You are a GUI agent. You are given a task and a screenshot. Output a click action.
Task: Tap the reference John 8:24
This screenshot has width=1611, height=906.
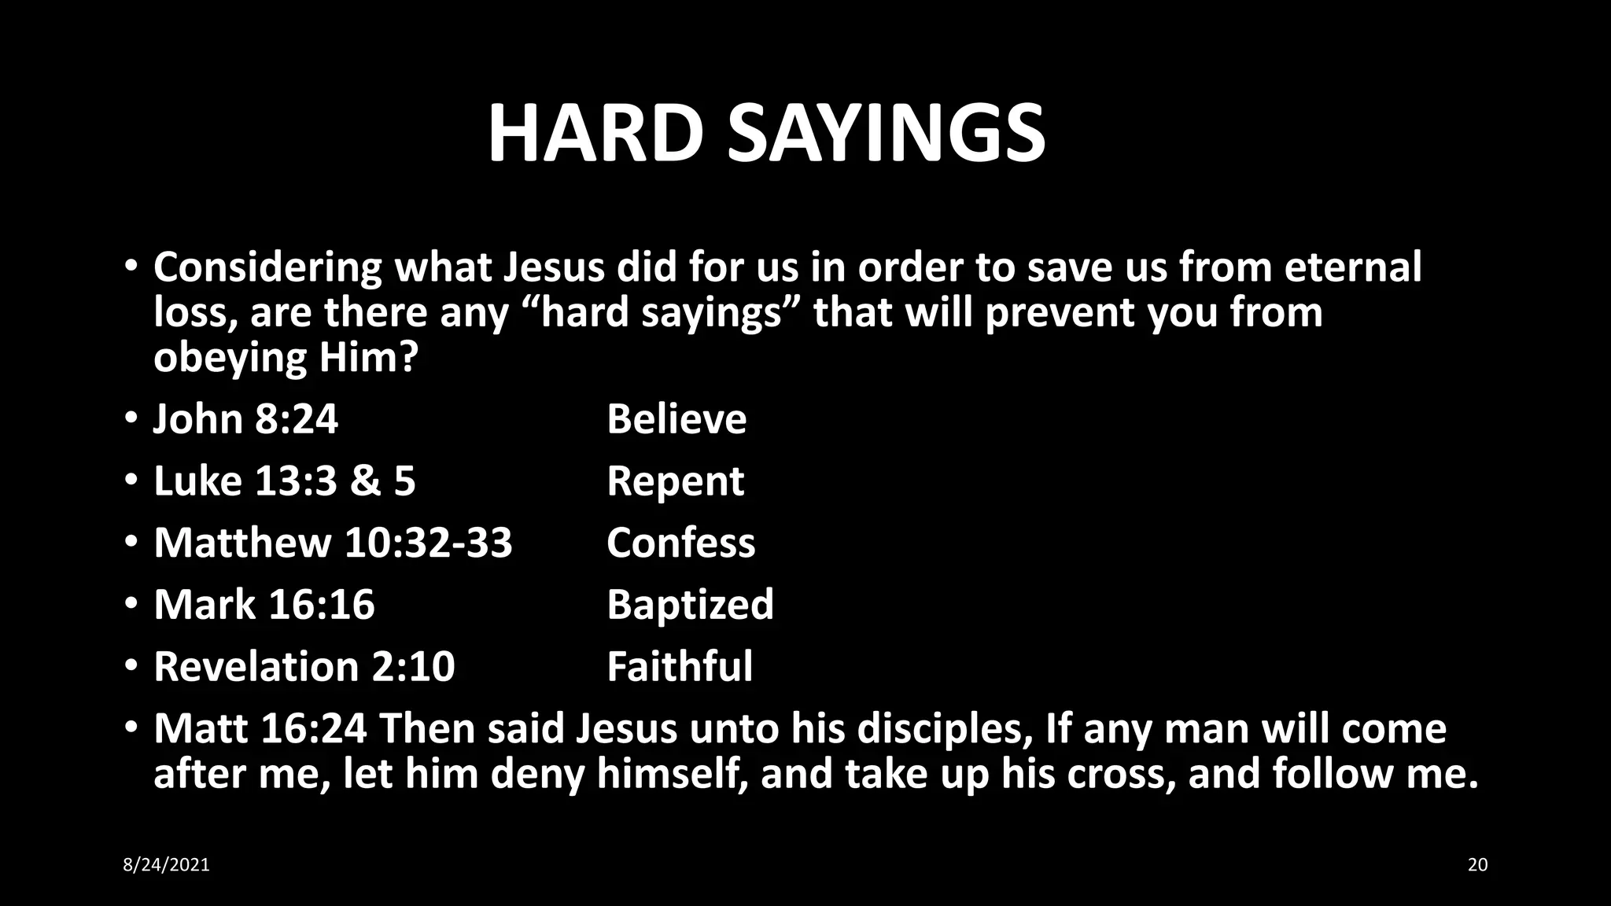[245, 418]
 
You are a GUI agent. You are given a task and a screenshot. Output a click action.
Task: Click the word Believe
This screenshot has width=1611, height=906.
[676, 418]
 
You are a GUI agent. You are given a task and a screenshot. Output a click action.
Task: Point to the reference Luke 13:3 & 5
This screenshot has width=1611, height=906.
[284, 481]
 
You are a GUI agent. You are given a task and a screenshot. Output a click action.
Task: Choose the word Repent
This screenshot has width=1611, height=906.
[675, 481]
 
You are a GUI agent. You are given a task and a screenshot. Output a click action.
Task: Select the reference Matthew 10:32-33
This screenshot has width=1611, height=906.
[333, 543]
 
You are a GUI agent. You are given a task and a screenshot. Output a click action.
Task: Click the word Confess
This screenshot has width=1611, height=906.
[680, 543]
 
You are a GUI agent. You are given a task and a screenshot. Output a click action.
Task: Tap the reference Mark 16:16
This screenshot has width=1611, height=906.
[264, 604]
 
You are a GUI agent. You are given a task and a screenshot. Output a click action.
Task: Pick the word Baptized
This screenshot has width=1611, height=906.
[690, 604]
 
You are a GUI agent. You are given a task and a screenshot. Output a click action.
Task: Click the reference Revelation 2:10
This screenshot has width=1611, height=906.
[304, 666]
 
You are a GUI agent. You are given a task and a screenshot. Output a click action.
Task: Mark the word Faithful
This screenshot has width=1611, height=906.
[680, 666]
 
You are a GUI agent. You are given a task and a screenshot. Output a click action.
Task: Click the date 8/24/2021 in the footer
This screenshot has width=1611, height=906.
[167, 865]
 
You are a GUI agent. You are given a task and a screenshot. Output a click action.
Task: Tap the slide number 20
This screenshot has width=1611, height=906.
[1477, 865]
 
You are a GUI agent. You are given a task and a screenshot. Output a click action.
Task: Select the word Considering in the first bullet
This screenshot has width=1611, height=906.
[267, 267]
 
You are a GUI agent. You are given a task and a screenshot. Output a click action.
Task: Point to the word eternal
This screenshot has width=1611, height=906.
[1353, 267]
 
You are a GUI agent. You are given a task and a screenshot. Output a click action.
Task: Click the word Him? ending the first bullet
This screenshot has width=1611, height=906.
[367, 358]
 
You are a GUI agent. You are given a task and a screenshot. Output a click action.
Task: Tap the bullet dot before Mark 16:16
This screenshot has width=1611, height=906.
[131, 604]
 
